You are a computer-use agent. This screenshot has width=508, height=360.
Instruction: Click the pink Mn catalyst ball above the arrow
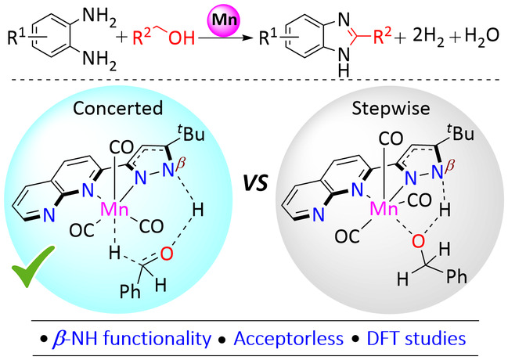[x=222, y=20]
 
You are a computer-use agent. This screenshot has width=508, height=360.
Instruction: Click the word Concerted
[x=117, y=108]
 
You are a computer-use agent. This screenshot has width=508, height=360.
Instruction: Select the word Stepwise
[x=391, y=109]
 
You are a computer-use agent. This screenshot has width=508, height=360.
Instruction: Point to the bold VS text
[x=256, y=183]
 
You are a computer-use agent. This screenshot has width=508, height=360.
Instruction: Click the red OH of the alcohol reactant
[x=182, y=38]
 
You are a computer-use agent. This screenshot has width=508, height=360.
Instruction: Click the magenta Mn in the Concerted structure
[x=115, y=209]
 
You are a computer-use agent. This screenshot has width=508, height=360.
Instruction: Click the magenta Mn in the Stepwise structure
[x=384, y=208]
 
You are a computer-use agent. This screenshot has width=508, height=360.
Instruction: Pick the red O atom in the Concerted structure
[x=167, y=254]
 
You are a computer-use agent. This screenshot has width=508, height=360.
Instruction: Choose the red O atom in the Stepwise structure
[x=418, y=241]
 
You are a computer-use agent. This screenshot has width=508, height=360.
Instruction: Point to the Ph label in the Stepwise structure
[x=457, y=277]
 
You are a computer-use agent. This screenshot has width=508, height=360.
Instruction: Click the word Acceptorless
[x=288, y=339]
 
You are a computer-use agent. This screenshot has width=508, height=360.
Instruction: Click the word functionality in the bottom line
[x=157, y=339]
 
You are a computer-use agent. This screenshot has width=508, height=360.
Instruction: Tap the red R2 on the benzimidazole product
[x=383, y=35]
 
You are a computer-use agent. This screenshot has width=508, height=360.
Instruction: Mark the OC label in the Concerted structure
[x=81, y=230]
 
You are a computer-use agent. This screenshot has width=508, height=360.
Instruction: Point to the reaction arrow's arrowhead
[x=248, y=38]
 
